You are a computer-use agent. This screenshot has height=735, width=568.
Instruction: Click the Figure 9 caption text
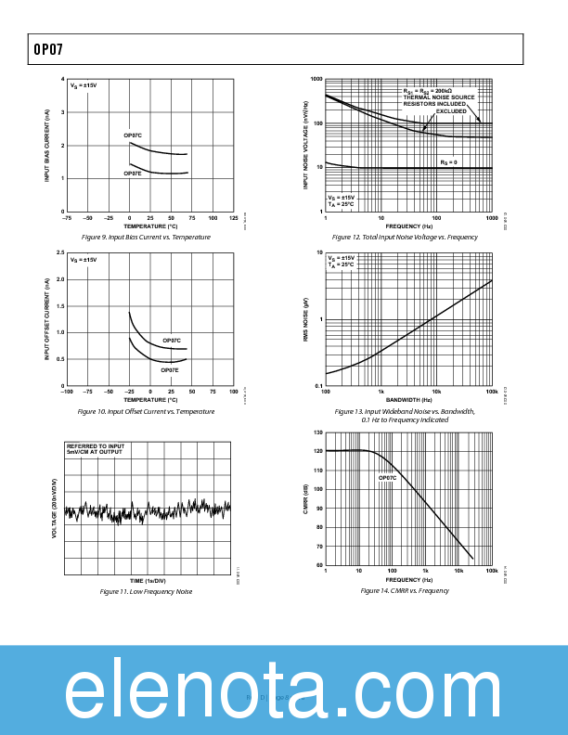[x=148, y=237]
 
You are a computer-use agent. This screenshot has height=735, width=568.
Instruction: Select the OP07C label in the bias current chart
[x=133, y=135]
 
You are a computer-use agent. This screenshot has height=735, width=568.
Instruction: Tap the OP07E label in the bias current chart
[x=133, y=174]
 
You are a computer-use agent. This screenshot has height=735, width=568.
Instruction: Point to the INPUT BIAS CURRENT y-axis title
[x=47, y=145]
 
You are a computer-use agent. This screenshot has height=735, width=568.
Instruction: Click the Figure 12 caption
[x=405, y=237]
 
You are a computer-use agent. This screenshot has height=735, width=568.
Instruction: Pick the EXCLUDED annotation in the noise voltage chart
[x=451, y=111]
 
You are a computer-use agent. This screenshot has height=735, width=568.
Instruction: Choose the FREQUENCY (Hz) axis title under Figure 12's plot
[x=408, y=226]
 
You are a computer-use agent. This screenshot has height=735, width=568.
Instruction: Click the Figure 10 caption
[x=148, y=411]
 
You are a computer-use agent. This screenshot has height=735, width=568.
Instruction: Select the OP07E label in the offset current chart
[x=171, y=369]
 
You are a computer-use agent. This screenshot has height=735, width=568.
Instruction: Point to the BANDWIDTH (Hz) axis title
[x=408, y=400]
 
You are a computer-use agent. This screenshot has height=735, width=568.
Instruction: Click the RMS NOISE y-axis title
[x=305, y=320]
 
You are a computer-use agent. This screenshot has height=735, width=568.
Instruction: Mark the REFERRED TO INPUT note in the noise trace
[x=95, y=446]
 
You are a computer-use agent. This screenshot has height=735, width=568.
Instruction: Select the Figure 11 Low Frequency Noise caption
[x=148, y=591]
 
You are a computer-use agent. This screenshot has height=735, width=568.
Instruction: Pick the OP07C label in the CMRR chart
[x=387, y=478]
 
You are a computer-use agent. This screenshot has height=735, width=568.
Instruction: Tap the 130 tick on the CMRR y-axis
[x=318, y=432]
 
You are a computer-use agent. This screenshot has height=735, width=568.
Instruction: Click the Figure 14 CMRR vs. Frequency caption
[x=405, y=590]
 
